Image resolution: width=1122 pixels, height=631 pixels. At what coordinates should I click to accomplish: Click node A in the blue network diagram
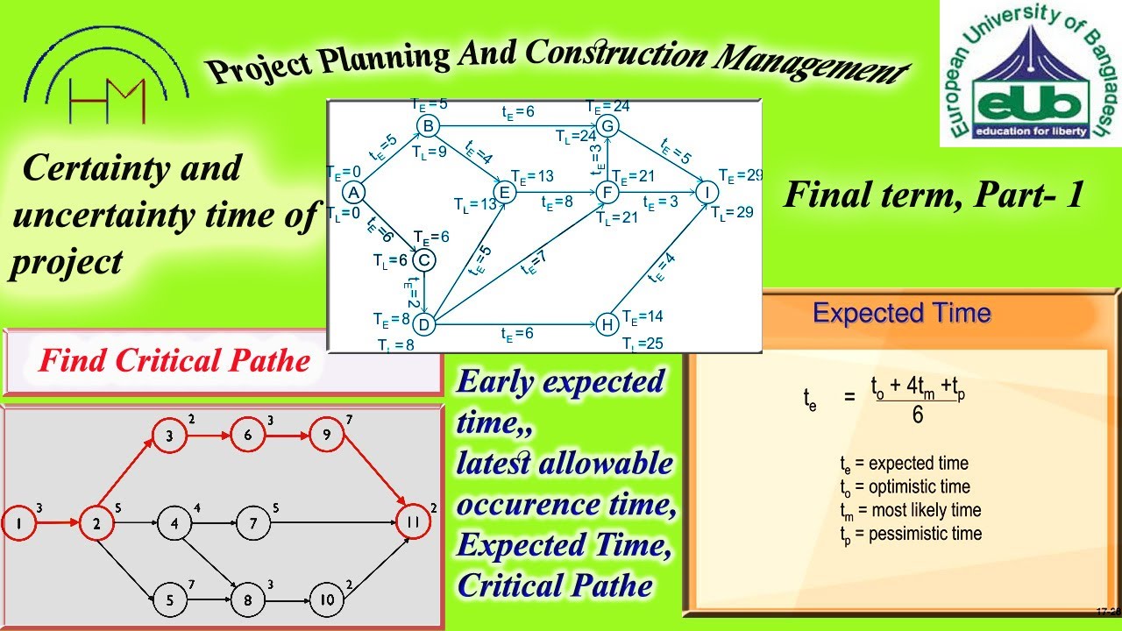[x=353, y=192]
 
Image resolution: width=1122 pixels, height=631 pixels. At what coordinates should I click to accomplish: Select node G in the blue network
[x=607, y=126]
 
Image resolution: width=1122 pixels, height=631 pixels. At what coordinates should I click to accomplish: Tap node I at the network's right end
[x=707, y=192]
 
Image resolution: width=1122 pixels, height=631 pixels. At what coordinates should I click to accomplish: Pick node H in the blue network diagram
[x=607, y=325]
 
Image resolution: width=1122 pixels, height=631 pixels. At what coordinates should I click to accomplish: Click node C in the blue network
[x=423, y=260]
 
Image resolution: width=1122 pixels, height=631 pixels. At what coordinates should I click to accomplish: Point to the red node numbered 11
[x=413, y=523]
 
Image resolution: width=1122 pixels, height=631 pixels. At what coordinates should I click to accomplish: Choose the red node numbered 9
[x=326, y=436]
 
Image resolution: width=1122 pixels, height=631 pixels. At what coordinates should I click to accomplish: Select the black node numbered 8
[x=248, y=600]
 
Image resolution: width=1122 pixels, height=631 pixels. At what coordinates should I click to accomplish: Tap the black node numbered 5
[x=169, y=600]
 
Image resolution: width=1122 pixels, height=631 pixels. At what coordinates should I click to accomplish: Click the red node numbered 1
[x=18, y=523]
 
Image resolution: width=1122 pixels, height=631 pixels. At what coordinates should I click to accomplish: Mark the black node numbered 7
[x=252, y=524]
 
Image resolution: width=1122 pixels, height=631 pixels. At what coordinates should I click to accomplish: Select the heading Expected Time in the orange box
[x=901, y=313]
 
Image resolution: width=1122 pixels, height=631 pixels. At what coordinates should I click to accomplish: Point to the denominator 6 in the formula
[x=917, y=415]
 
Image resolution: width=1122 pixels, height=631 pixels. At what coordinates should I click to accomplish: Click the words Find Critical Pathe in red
[x=174, y=360]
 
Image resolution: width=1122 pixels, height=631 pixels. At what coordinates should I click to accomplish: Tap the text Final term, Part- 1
[x=934, y=195]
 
